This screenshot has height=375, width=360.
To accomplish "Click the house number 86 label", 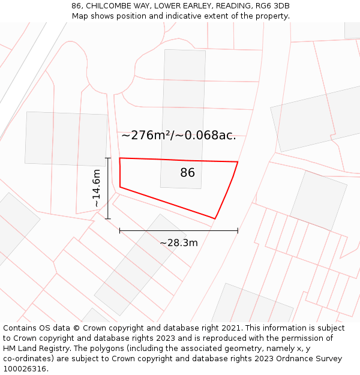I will tap(187, 173).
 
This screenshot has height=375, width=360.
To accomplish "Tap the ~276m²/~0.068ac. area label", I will tap(178, 136).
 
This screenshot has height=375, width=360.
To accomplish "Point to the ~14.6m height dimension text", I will tap(96, 188).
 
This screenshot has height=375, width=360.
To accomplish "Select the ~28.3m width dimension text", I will tap(178, 243).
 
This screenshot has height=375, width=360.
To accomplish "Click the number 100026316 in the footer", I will tap(24, 369).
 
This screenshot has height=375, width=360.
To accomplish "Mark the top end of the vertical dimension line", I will tap(108, 158).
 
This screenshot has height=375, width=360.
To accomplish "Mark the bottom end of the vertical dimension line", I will tap(108, 218).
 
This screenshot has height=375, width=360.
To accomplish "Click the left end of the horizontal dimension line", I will tap(120, 230).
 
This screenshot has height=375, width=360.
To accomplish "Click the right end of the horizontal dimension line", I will tap(238, 230).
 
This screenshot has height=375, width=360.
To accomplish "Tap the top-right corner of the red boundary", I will tap(238, 162).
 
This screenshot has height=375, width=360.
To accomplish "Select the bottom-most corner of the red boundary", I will tap(215, 218).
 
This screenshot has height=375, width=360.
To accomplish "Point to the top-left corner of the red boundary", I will tap(120, 158).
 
